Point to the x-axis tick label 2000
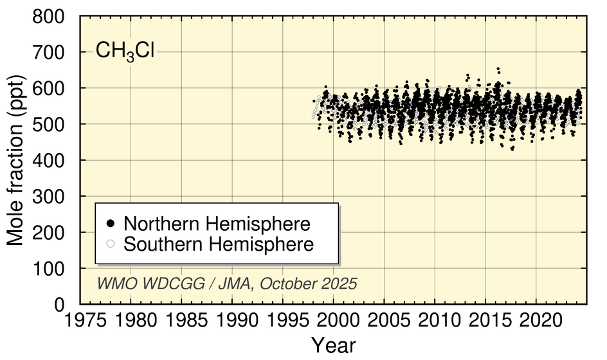click(334, 319)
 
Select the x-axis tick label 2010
click(435, 319)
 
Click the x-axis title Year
click(334, 345)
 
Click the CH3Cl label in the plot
click(125, 51)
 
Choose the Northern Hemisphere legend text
click(217, 224)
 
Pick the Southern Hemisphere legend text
click(219, 244)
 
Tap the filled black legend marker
click(111, 224)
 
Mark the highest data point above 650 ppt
click(498, 69)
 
